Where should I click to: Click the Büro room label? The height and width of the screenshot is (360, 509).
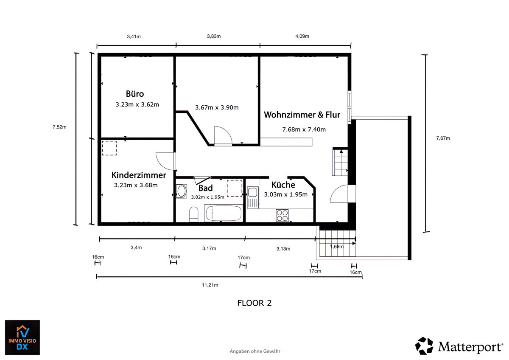tap(135, 94)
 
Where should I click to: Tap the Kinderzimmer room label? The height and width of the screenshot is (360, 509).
tap(139, 175)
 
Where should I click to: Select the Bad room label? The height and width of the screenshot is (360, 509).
tap(205, 188)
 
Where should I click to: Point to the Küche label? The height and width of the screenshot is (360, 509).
tap(283, 184)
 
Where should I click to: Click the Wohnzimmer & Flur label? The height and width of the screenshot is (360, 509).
tap(302, 115)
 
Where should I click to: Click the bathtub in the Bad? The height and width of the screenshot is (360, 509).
tap(224, 213)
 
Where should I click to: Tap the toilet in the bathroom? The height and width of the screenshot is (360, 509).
tap(193, 214)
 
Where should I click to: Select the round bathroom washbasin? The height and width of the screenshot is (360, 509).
tap(182, 191)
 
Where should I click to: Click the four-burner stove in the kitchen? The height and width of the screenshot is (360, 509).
tap(282, 215)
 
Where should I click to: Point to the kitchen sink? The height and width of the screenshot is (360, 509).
tap(252, 197)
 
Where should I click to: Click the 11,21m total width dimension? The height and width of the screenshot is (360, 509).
tap(210, 285)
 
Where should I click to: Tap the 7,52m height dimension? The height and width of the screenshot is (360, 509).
tap(59, 127)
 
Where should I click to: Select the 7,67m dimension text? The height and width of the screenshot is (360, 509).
tap(443, 138)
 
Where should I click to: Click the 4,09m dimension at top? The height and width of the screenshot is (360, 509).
tap(302, 36)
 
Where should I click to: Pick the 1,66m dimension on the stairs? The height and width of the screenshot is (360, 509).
tap(337, 247)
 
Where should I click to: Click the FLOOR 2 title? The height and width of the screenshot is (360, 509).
tap(254, 303)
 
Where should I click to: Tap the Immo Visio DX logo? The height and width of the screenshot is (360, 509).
tap(22, 337)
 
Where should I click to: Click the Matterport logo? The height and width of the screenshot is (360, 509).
tap(459, 346)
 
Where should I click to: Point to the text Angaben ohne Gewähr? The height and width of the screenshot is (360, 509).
tap(255, 352)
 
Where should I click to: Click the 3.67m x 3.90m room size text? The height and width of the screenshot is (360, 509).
tap(217, 107)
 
